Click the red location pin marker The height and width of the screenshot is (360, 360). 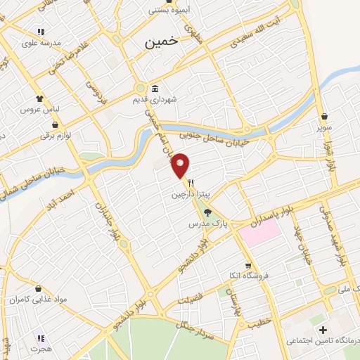tap(181, 165)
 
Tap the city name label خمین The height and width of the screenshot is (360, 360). tap(162, 42)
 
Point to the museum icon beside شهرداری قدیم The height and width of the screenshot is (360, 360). tap(155, 89)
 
